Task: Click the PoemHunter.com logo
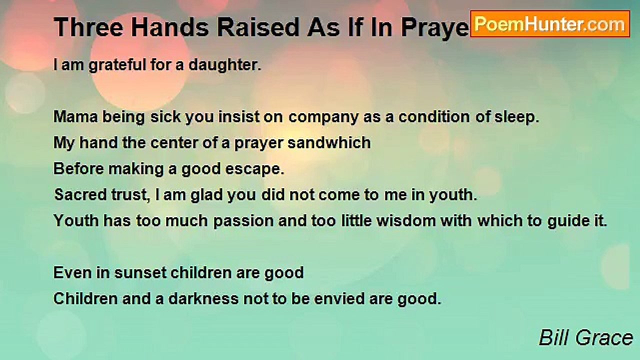(549, 23)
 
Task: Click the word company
(323, 117)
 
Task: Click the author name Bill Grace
(585, 338)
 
